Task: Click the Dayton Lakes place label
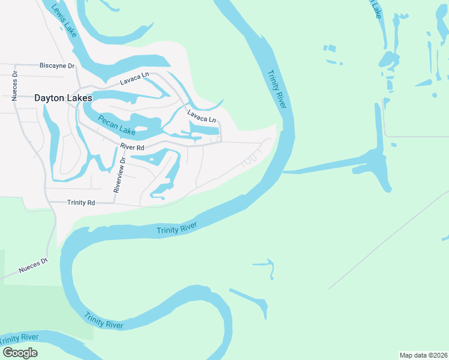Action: (63, 98)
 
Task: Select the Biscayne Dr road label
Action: (56, 65)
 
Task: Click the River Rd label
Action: (132, 146)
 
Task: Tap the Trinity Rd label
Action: (81, 203)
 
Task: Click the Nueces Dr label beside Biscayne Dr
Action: (15, 88)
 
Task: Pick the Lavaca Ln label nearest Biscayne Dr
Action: (133, 78)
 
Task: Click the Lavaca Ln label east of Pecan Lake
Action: (201, 115)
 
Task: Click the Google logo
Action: (20, 353)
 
